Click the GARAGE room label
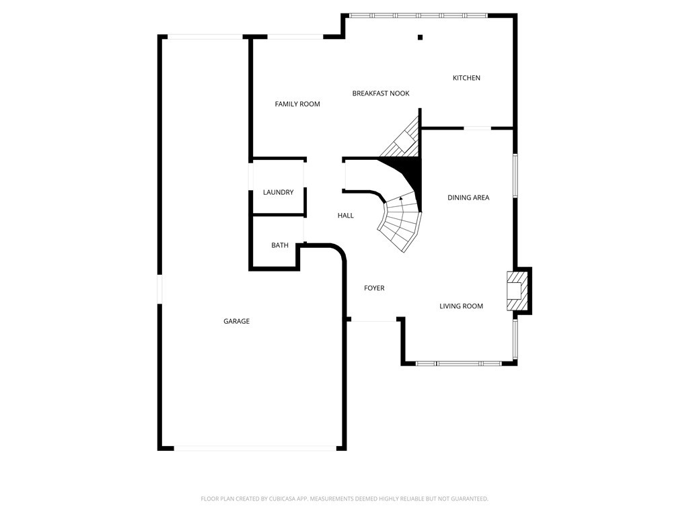click(236, 322)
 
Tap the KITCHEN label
click(466, 78)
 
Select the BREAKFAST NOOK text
click(381, 93)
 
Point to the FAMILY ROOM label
click(297, 104)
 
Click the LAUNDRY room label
click(278, 193)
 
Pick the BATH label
click(280, 245)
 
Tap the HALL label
click(345, 216)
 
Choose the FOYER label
click(374, 288)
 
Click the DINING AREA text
click(468, 198)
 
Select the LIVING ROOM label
click(461, 306)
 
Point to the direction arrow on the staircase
click(401, 198)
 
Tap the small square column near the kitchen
click(420, 38)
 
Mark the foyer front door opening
click(375, 321)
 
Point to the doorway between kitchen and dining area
click(477, 128)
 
